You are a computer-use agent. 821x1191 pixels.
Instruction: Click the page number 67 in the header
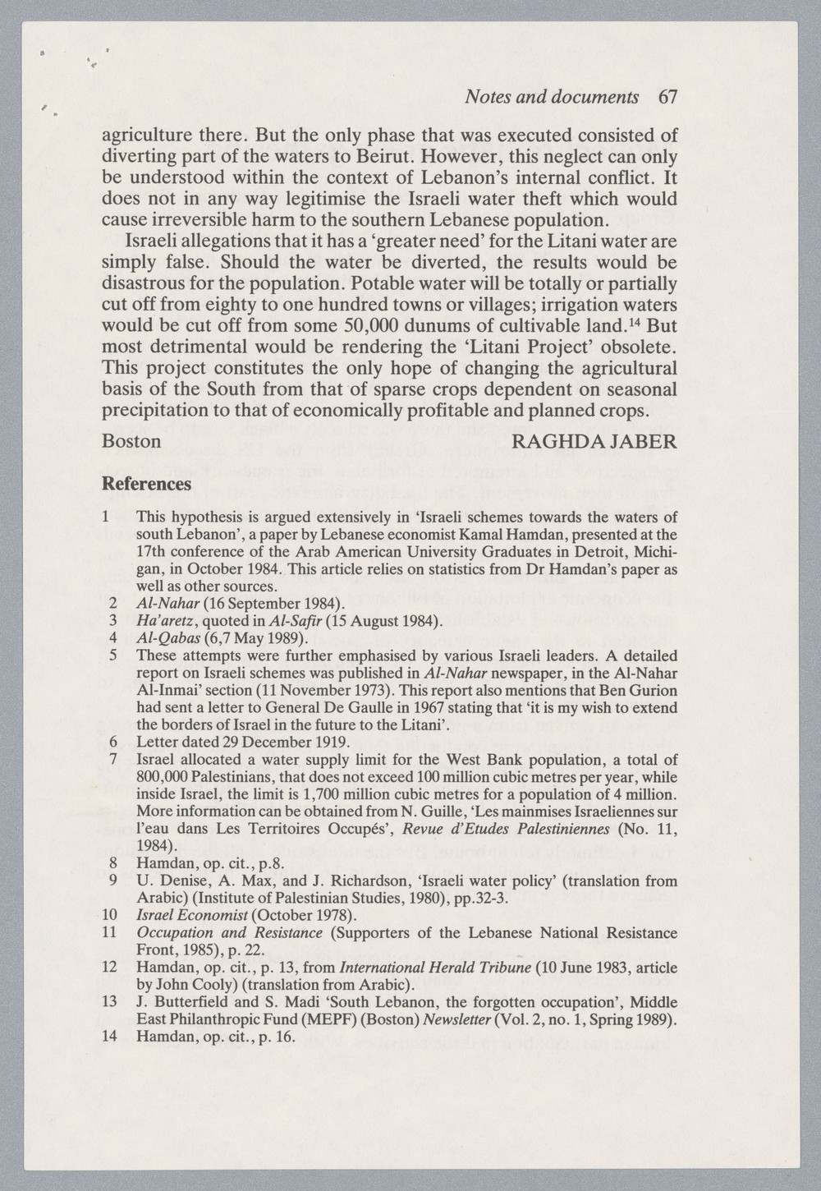[667, 97]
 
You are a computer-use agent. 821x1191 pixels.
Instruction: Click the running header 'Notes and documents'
[552, 97]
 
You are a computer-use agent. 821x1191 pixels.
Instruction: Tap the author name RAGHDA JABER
[594, 441]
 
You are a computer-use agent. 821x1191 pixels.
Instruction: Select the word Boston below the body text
[131, 441]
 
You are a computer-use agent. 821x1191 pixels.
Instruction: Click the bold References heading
[146, 484]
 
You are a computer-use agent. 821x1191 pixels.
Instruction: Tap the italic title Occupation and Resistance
[229, 933]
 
